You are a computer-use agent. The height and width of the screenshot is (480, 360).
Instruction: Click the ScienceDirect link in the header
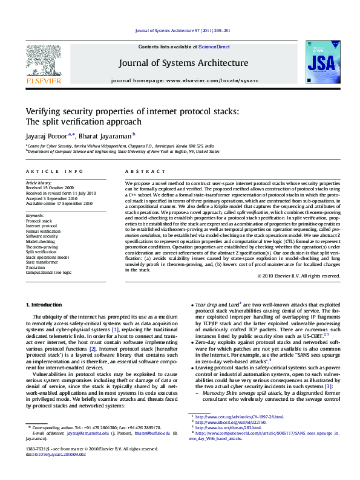tap(214, 46)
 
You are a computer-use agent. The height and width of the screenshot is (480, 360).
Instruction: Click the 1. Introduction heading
tap(45, 304)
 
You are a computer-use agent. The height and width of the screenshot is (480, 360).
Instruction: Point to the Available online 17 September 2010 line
tap(59, 204)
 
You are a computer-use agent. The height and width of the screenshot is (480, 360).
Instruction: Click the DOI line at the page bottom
tap(53, 471)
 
